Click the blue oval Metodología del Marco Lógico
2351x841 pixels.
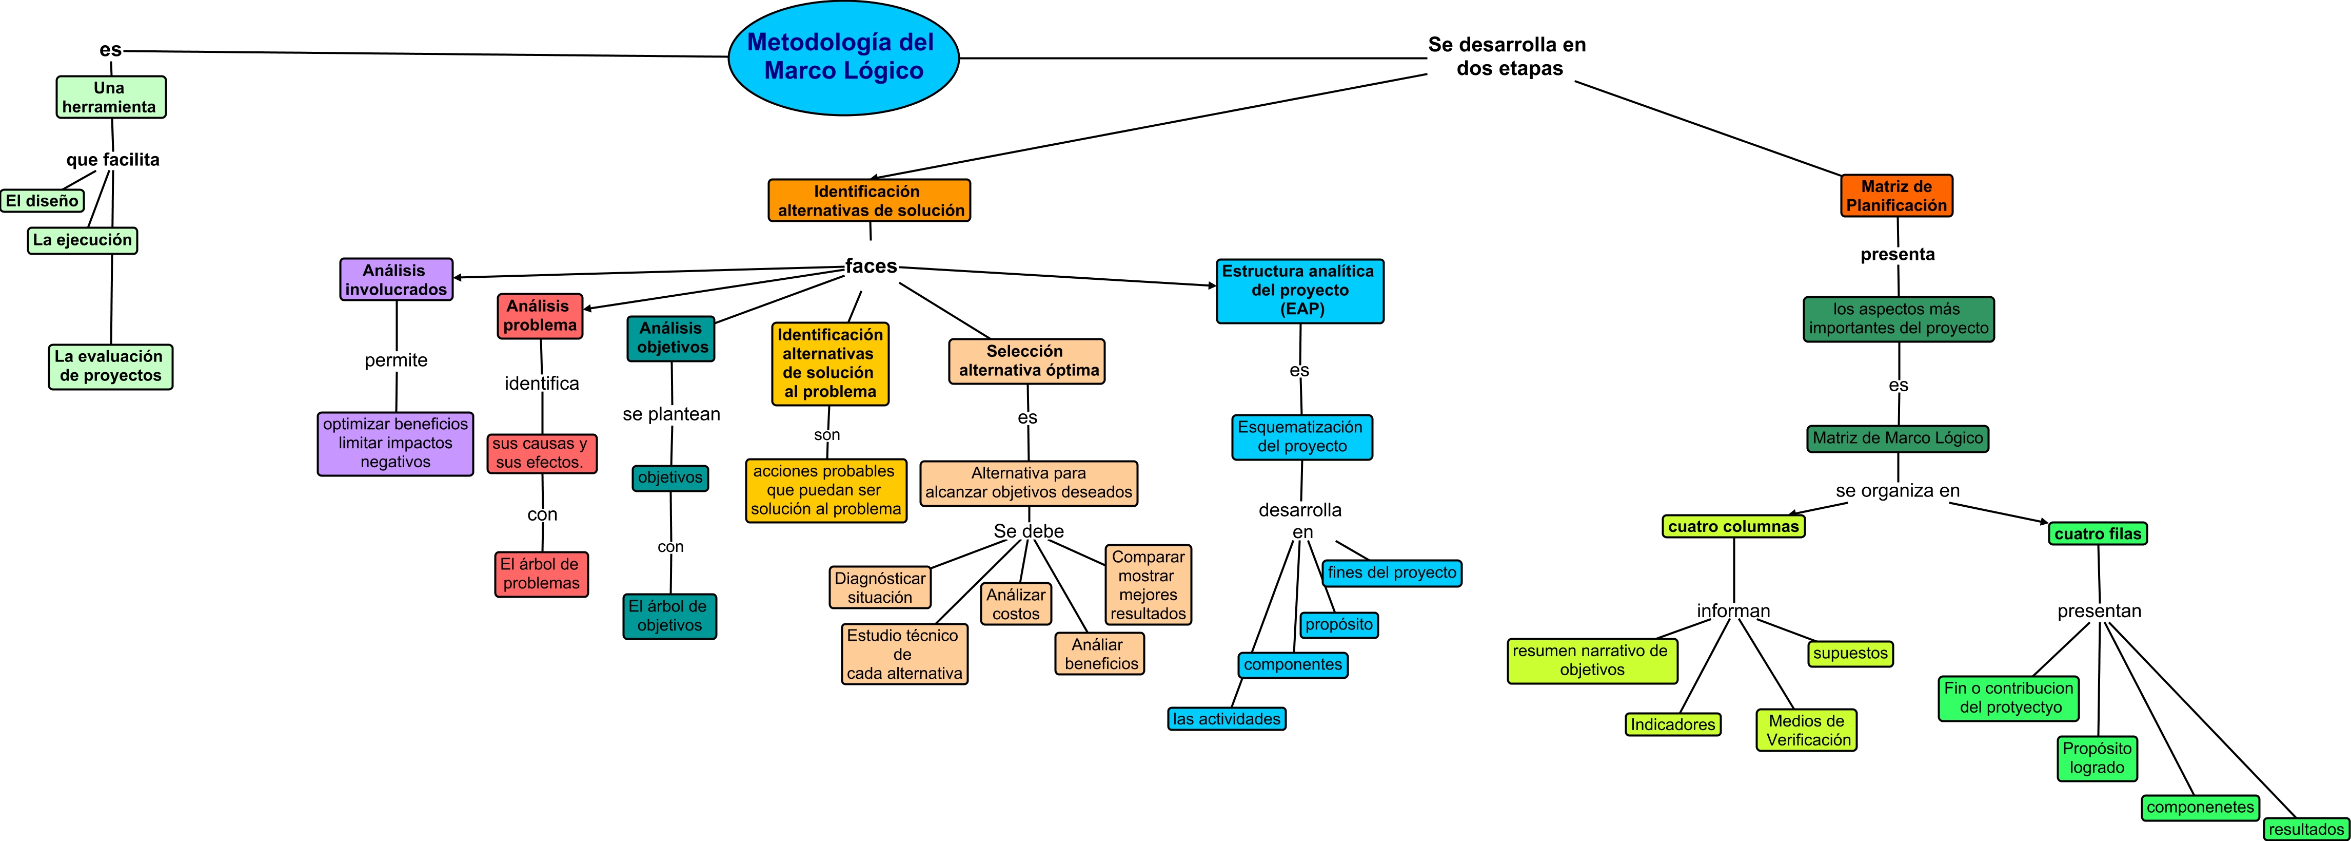click(843, 58)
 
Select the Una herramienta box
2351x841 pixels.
click(110, 98)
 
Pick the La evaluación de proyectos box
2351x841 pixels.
click(110, 366)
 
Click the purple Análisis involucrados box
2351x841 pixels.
click(396, 279)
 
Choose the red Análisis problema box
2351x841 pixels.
click(539, 316)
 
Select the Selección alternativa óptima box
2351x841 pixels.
click(1027, 361)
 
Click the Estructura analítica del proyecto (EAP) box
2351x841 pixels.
click(1299, 291)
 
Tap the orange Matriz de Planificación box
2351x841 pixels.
click(1896, 196)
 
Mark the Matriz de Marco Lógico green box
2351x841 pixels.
click(1898, 438)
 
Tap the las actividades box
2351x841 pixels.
click(1227, 719)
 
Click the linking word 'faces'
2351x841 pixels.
click(871, 266)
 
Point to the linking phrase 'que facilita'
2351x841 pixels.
click(112, 160)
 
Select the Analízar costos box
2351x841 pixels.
click(1016, 604)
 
